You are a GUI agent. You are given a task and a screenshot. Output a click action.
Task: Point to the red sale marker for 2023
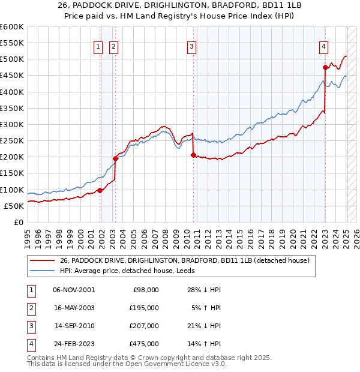325,67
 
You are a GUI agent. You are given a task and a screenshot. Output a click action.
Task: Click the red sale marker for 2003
115,158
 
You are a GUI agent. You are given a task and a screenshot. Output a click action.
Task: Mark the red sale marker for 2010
193,155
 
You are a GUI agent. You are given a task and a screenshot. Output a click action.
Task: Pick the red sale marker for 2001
100,190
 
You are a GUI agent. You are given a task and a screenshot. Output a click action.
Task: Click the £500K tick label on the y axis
12,59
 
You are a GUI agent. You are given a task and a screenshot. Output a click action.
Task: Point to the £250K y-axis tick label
12,141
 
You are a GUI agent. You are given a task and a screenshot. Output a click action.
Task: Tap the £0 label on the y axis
18,222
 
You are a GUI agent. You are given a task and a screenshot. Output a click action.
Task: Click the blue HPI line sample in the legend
42,271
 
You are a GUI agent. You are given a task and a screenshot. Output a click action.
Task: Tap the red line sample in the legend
42,260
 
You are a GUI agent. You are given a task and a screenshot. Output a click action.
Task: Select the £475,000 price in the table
145,344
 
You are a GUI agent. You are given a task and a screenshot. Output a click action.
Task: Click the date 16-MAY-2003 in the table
74,307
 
